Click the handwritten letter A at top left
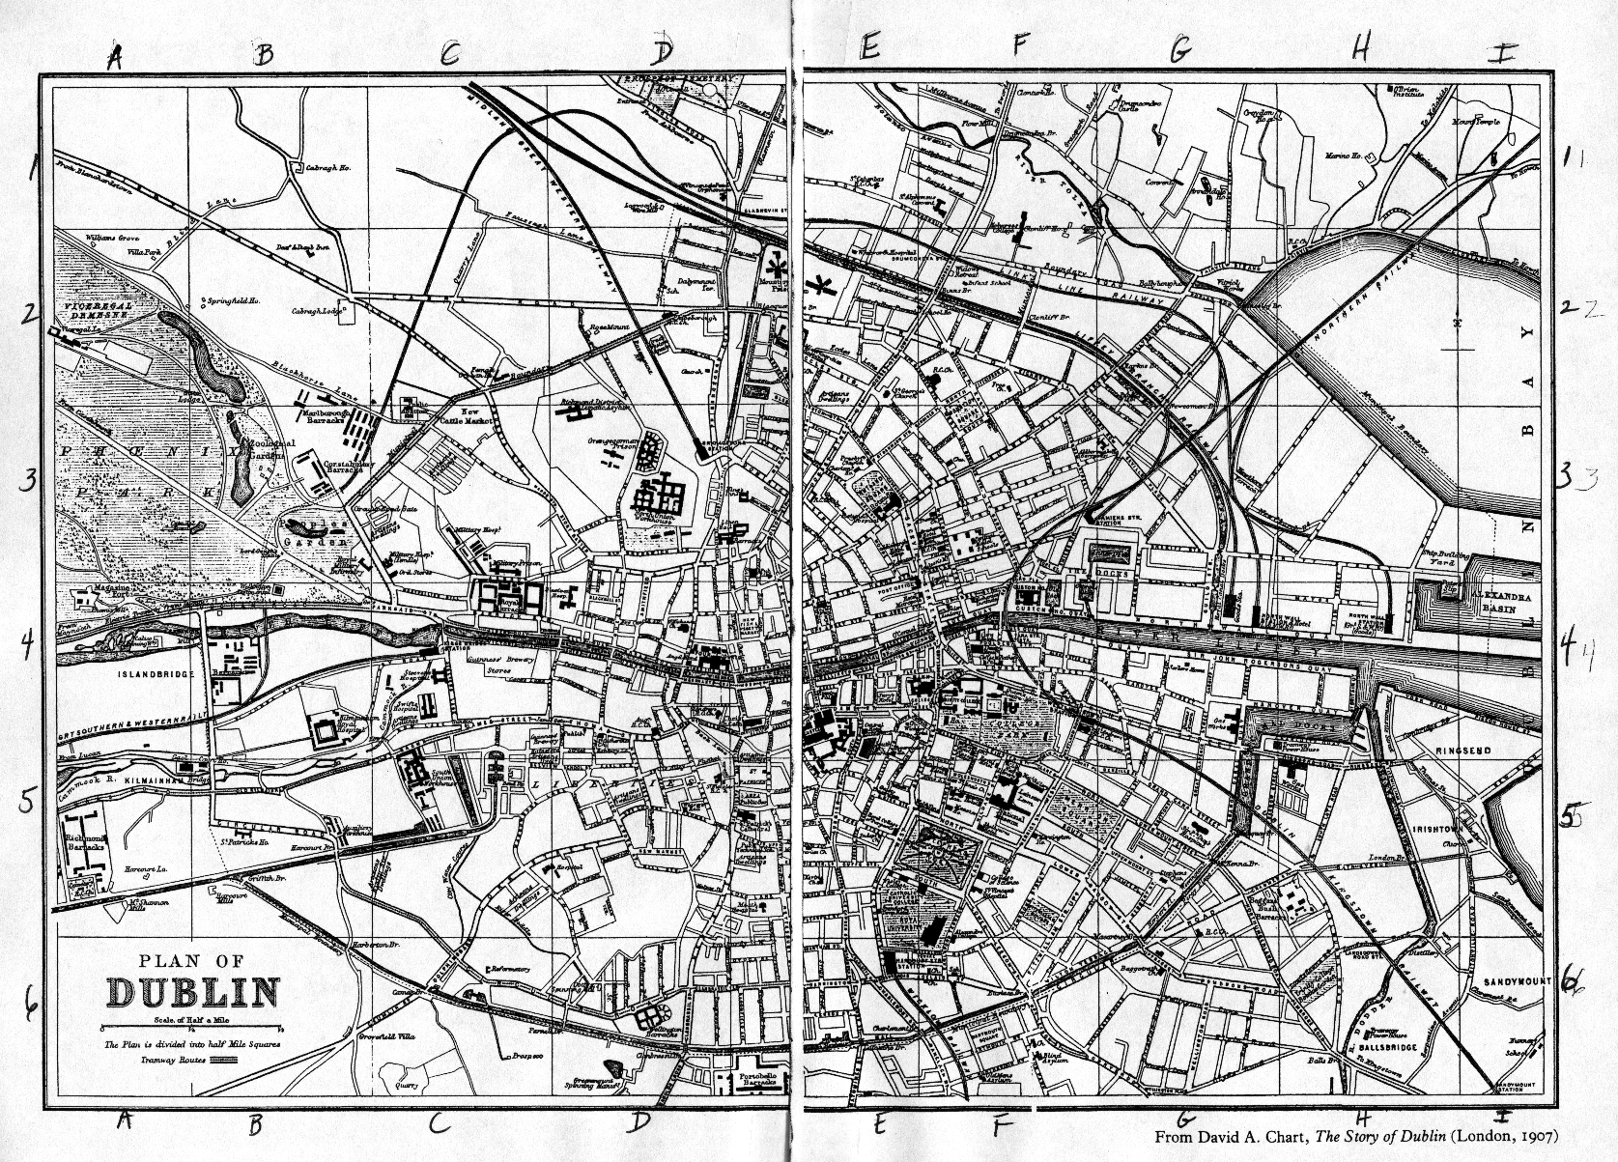click(114, 57)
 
